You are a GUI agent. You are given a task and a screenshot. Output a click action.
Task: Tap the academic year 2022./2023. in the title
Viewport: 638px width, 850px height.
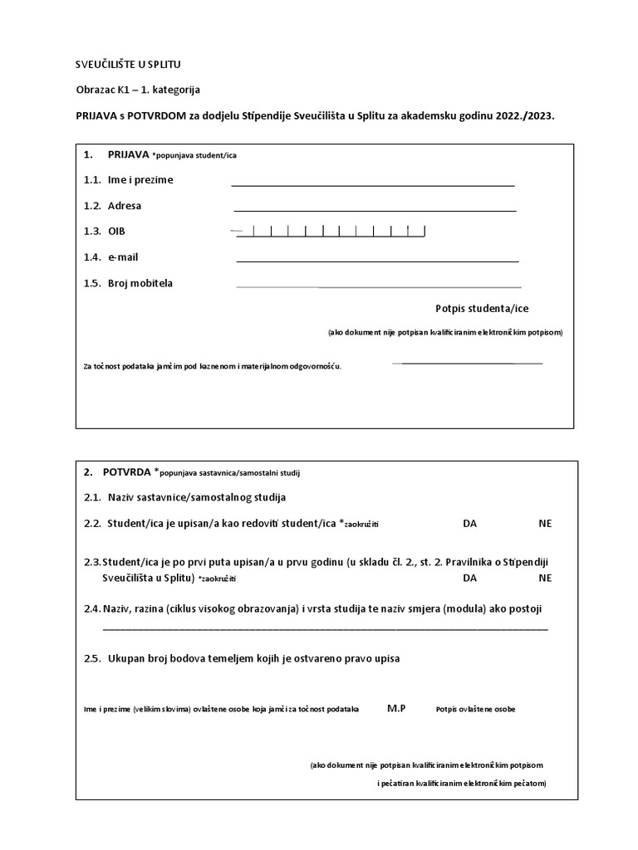point(523,117)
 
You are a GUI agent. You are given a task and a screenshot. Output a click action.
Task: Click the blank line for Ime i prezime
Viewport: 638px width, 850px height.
point(373,184)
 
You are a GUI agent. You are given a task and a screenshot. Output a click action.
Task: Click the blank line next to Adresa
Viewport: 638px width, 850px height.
point(375,210)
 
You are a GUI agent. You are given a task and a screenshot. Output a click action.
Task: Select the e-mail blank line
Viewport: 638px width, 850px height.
point(377,261)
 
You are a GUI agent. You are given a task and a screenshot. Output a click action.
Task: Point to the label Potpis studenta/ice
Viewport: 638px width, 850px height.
point(482,309)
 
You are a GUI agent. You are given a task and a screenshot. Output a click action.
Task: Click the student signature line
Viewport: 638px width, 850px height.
point(469,363)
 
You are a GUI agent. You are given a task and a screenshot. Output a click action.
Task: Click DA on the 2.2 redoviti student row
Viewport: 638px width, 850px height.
point(471,523)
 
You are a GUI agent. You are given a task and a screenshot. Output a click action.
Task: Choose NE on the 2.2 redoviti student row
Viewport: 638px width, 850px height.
point(545,523)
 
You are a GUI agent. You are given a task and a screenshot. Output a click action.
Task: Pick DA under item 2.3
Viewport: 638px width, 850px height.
point(471,578)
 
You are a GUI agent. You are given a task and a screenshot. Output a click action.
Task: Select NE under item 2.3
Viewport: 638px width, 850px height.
point(545,578)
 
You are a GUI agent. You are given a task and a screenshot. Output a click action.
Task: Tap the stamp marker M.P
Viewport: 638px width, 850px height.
point(396,708)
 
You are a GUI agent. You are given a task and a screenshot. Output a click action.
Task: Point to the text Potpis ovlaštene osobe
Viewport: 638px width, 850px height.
point(475,710)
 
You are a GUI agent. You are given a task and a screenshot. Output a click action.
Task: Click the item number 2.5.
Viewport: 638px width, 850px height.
point(91,658)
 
